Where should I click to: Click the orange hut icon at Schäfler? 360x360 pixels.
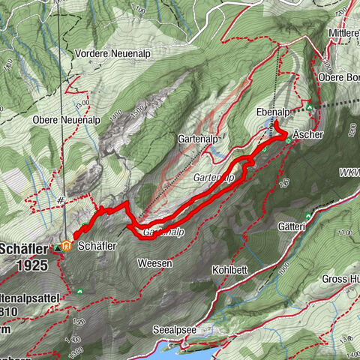67,245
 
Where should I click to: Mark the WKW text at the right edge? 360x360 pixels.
349,172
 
